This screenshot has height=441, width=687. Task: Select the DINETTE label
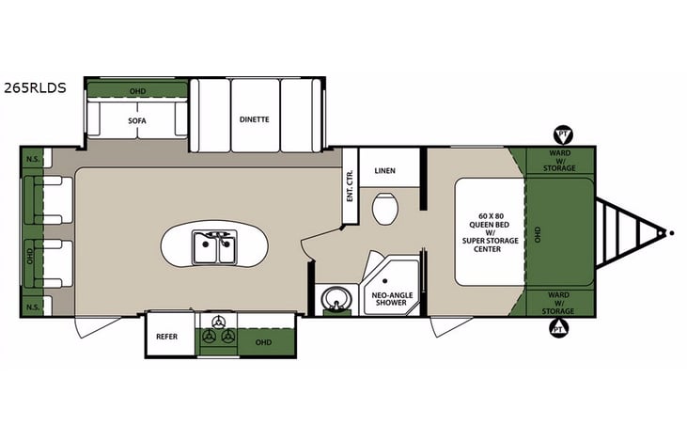(255, 119)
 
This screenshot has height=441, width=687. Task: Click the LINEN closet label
(384, 171)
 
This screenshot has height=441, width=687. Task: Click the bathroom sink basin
(332, 301)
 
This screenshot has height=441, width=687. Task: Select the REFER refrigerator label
(167, 334)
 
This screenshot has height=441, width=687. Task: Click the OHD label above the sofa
(137, 90)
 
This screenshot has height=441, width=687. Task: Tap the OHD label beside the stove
(261, 342)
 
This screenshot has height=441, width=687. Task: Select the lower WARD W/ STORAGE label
(558, 303)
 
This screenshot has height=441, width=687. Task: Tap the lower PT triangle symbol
(559, 328)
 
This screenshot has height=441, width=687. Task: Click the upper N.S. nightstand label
(32, 158)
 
